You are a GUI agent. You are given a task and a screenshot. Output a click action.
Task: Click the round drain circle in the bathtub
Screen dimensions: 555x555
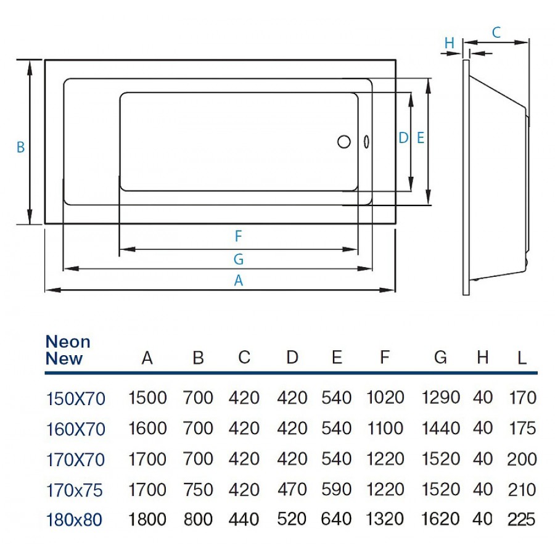click(343, 141)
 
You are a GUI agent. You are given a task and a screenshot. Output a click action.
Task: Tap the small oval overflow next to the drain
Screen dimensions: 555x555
click(366, 141)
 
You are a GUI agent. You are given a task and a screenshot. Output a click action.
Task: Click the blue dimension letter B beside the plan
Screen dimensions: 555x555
click(20, 147)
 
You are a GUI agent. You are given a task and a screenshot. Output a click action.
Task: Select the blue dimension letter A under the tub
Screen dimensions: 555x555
click(239, 281)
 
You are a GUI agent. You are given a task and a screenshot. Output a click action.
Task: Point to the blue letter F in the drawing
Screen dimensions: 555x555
click(238, 236)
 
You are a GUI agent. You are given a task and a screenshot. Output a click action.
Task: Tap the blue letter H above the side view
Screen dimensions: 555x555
click(449, 43)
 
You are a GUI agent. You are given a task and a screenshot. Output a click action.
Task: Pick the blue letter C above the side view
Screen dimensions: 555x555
click(496, 33)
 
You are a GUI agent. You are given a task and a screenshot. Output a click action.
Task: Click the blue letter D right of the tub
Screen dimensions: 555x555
click(403, 138)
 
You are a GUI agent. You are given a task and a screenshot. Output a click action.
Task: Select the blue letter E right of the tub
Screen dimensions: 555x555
click(421, 138)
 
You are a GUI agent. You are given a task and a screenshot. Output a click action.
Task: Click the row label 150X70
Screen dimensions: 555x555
click(76, 399)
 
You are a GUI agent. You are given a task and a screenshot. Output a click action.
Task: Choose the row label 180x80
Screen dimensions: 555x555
click(75, 520)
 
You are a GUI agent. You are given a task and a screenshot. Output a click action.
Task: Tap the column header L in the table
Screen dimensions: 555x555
click(522, 358)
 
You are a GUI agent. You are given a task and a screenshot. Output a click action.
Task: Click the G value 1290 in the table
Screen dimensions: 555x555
click(440, 398)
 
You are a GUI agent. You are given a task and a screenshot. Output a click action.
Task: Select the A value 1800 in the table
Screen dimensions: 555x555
click(147, 519)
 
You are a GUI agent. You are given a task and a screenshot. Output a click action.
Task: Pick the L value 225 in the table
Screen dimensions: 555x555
click(522, 519)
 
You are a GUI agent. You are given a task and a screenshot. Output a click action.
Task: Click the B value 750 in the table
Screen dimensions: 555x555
click(198, 490)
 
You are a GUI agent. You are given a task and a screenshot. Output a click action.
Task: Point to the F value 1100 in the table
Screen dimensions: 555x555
click(385, 429)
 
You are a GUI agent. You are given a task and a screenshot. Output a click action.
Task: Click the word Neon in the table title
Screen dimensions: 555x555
click(68, 342)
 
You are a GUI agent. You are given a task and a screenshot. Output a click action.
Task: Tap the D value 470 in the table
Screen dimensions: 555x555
click(292, 490)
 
